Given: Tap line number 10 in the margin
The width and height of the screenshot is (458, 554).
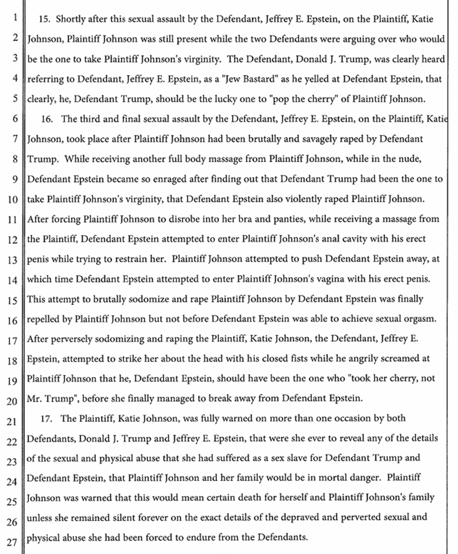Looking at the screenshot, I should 13,200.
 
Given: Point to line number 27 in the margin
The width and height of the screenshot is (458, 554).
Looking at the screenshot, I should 13,543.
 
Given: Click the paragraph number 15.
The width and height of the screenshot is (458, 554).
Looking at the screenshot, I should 46,19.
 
